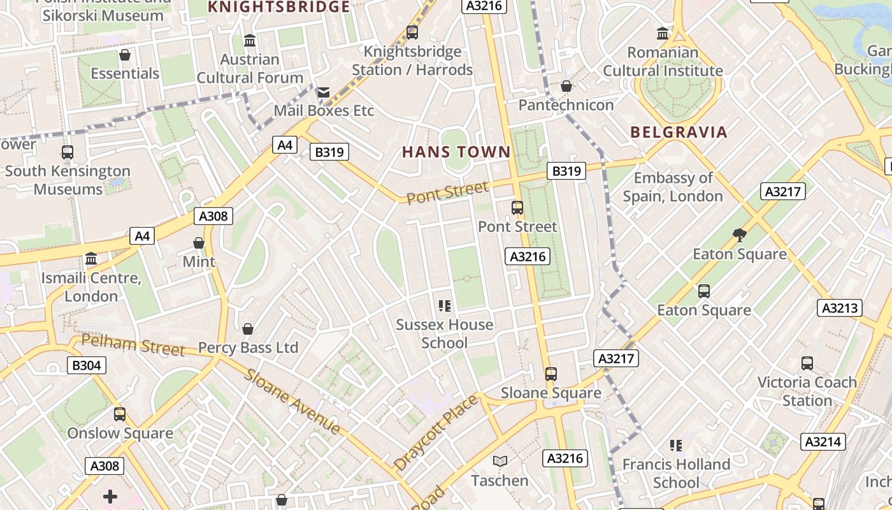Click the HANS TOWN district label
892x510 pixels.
coord(456,152)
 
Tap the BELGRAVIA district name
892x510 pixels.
coord(679,132)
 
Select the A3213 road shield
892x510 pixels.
coord(840,308)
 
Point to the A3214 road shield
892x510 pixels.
coord(823,442)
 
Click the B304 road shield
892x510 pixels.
coord(87,365)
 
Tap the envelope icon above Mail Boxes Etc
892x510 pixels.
coord(324,92)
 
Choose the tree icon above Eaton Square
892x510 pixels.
coord(739,235)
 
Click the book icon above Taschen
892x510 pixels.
coord(500,461)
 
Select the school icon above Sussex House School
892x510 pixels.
coord(445,306)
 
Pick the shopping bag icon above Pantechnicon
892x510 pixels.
coord(566,86)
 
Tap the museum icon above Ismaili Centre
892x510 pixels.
coord(91,259)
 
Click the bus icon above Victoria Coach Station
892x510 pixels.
coord(807,363)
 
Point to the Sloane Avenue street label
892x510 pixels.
coord(291,402)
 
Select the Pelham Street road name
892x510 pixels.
coord(133,345)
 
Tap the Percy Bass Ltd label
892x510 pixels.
coord(248,348)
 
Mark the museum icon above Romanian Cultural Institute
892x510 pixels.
coord(663,33)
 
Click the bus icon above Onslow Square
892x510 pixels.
coord(120,414)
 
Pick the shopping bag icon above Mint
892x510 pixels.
coord(199,243)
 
